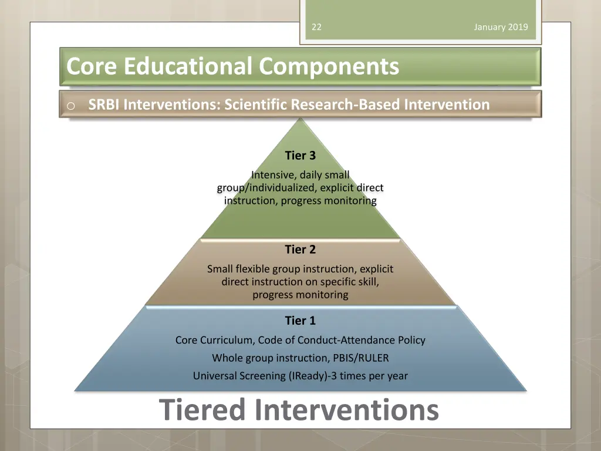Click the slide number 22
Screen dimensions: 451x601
coord(316,27)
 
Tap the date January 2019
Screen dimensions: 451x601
coord(501,27)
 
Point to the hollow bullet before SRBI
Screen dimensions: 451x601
coord(70,106)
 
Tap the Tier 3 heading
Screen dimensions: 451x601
coord(300,156)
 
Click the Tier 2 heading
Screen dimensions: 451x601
coord(300,250)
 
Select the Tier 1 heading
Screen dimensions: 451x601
coord(300,321)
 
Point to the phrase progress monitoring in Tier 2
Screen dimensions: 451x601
coord(300,295)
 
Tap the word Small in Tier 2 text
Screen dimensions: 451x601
coord(220,269)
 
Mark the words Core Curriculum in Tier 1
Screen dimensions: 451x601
coord(214,340)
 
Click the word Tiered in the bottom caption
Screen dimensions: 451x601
coord(202,410)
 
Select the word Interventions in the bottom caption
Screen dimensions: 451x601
coord(347,410)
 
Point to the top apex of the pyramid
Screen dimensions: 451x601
coord(300,120)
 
